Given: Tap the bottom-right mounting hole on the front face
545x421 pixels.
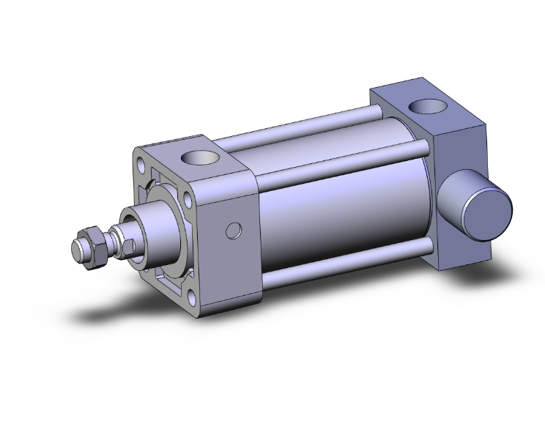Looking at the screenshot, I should coord(192,296).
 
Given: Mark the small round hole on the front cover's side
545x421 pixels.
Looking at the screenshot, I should coord(234,231).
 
